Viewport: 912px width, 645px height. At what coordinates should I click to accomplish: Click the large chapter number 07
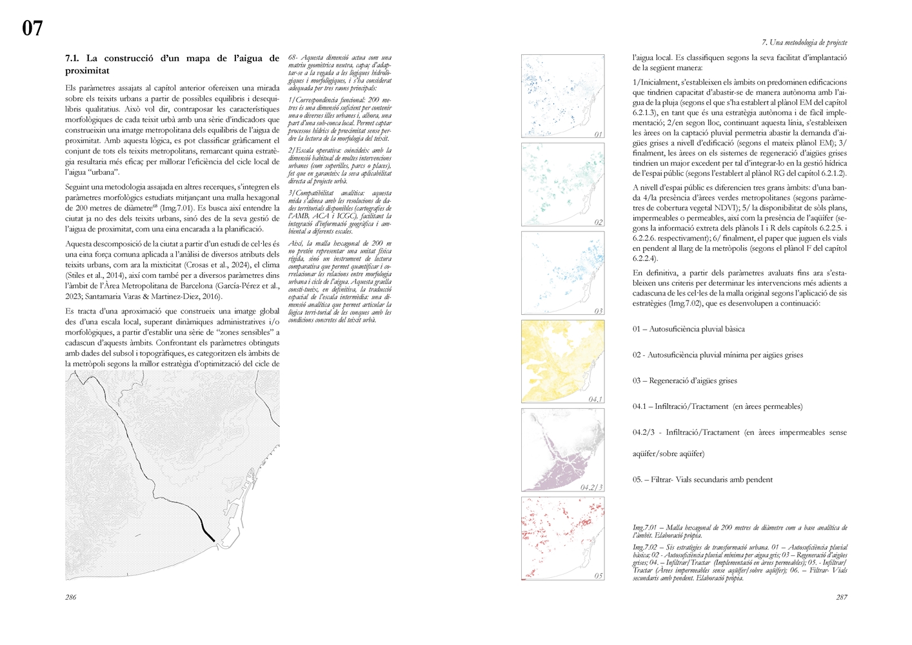[x=32, y=28]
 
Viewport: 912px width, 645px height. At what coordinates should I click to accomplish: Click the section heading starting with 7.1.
[x=172, y=64]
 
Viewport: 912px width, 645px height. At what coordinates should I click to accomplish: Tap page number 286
[x=70, y=597]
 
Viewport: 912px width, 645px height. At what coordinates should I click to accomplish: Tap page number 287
[x=841, y=597]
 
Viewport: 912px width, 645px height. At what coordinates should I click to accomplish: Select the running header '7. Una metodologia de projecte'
[x=804, y=43]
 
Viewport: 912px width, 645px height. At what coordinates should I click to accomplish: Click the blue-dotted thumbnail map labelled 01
[x=562, y=97]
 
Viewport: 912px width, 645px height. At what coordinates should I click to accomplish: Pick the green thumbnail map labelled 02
[x=562, y=185]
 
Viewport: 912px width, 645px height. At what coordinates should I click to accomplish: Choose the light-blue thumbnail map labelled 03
[x=562, y=273]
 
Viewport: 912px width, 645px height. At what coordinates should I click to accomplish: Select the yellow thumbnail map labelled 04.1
[x=562, y=362]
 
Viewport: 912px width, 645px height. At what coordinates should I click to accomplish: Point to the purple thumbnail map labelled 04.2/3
[x=562, y=450]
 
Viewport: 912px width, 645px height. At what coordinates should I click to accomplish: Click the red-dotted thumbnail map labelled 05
[x=562, y=539]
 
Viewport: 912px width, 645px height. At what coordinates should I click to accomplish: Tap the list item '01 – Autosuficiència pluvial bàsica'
[x=688, y=329]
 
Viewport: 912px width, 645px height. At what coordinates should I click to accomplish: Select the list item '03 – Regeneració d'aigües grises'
[x=684, y=381]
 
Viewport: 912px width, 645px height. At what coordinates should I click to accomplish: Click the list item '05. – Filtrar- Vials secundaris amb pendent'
[x=702, y=479]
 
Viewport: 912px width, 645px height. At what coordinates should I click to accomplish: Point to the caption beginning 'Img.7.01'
[x=739, y=531]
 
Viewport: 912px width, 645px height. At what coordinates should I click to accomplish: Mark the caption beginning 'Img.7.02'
[x=739, y=562]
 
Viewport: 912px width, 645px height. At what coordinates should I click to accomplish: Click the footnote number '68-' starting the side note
[x=293, y=58]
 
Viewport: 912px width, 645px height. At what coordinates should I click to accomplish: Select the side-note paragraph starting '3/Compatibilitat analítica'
[x=339, y=212]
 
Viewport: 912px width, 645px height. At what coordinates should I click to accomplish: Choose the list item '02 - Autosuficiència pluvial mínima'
[x=717, y=355]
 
